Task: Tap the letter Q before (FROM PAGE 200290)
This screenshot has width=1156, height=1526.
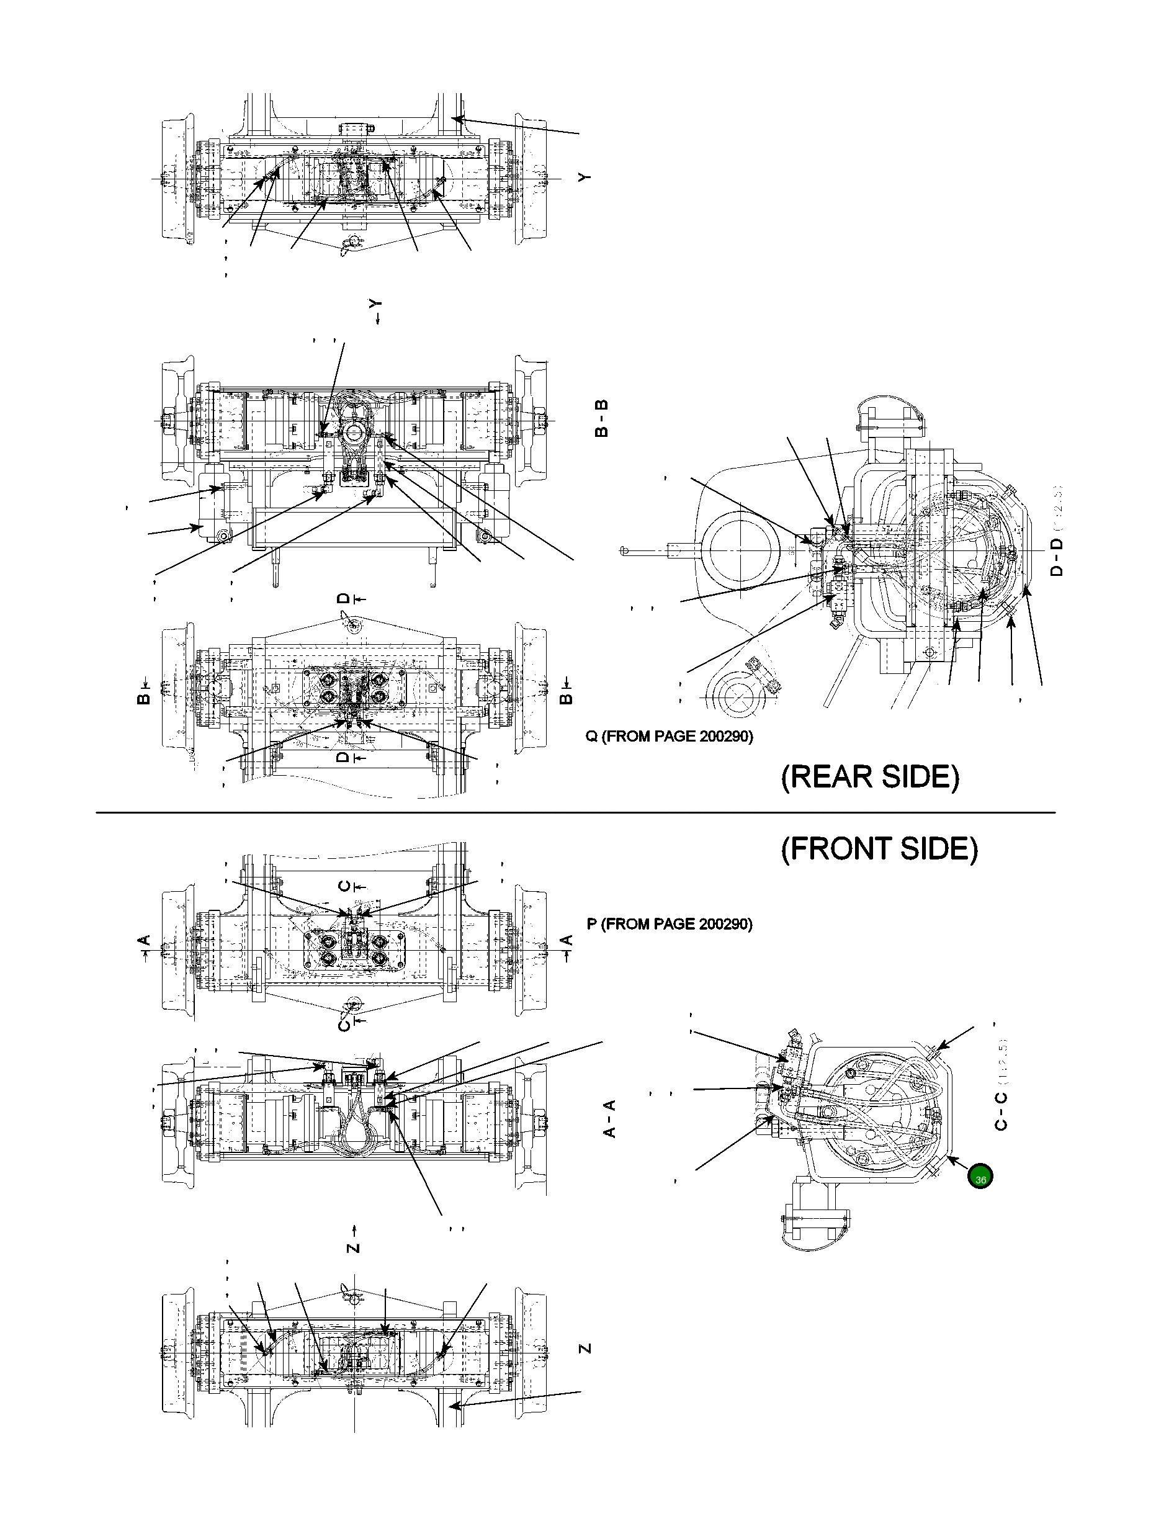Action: (592, 737)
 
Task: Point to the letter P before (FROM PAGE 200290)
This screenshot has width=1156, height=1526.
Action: (592, 924)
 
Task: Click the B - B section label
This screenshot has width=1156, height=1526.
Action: (601, 418)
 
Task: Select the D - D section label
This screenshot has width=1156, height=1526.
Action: (1056, 557)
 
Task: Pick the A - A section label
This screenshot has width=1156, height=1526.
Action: (610, 1119)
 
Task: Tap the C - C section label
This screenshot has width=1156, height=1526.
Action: (1001, 1111)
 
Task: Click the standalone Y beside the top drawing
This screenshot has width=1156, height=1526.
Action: (585, 177)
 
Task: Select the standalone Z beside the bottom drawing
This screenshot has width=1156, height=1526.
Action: (585, 1347)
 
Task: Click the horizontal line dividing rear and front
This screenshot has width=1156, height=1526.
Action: (575, 813)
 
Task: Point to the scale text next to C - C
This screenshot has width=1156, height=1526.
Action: (1001, 1061)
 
